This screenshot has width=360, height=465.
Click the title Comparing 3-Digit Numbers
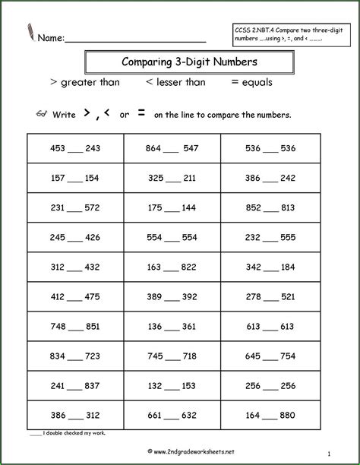(179, 61)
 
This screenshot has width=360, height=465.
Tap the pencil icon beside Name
(29, 32)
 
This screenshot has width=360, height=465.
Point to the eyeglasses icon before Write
(42, 114)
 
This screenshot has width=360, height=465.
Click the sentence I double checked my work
(65, 433)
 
